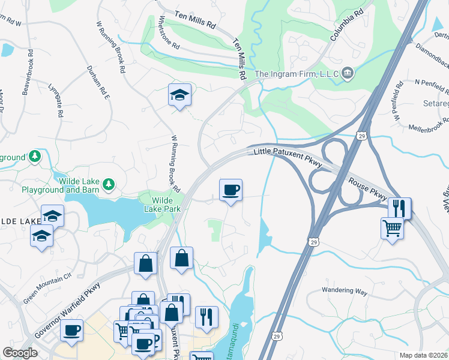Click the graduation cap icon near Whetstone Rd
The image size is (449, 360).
[x=179, y=95]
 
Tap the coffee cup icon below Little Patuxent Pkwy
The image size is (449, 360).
[x=231, y=190]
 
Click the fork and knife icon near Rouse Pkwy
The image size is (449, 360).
[x=399, y=208]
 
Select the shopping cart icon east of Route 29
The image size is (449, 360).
[x=392, y=227]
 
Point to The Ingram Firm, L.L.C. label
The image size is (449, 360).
[x=296, y=74]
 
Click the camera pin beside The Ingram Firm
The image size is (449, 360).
[x=348, y=74]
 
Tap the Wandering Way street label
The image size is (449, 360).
[x=344, y=290]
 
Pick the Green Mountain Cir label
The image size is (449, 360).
[x=47, y=284]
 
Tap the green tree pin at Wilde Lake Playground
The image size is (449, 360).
[x=109, y=183]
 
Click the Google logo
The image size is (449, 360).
[x=20, y=353]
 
